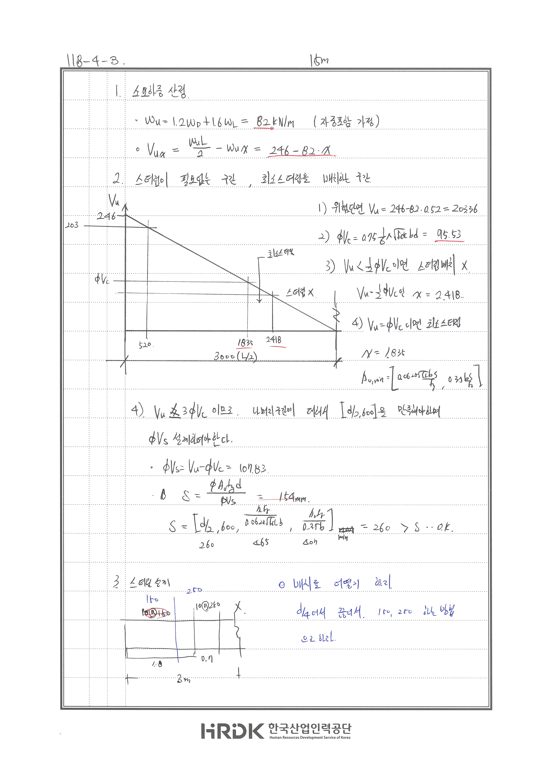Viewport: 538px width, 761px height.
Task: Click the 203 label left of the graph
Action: click(x=72, y=225)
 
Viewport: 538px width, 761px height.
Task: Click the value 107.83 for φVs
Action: click(x=253, y=468)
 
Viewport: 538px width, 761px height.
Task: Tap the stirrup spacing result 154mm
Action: click(x=293, y=497)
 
